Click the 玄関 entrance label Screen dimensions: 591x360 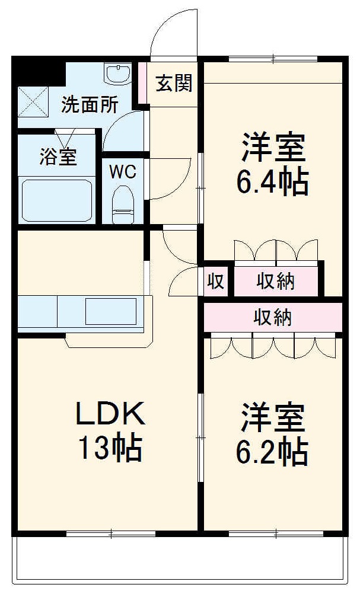click(174, 84)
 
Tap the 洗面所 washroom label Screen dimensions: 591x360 click(90, 105)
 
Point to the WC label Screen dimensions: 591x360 click(123, 172)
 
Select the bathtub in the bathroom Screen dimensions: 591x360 click(56, 200)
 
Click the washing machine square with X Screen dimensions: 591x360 click(32, 101)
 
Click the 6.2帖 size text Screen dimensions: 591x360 click(273, 452)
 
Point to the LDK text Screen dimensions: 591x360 click(110, 414)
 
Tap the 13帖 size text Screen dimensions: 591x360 click(111, 449)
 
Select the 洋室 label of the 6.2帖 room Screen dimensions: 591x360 click(273, 418)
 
